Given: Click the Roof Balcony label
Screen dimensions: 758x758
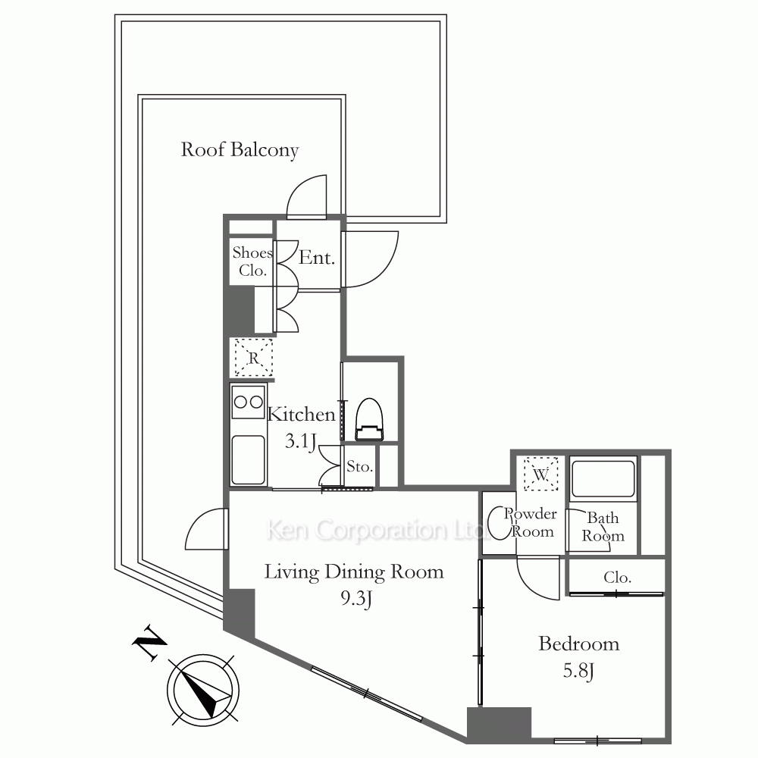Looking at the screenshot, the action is pyautogui.click(x=240, y=150).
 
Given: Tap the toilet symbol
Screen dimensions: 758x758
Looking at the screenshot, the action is pyautogui.click(x=369, y=419).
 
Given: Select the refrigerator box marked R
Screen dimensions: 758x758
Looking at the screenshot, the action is pyautogui.click(x=253, y=358).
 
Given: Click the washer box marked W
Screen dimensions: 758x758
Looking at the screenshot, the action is pyautogui.click(x=541, y=475).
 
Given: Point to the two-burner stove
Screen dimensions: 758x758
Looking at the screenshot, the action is pyautogui.click(x=249, y=402).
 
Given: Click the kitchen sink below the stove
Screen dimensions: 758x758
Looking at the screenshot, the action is pyautogui.click(x=248, y=460).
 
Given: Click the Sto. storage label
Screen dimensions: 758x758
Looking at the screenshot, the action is pyautogui.click(x=359, y=466).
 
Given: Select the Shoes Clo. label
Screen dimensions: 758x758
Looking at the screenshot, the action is pyautogui.click(x=252, y=261).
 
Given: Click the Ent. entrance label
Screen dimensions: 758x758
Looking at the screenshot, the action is pyautogui.click(x=317, y=258).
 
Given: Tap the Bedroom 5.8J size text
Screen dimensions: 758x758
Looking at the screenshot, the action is pyautogui.click(x=578, y=671).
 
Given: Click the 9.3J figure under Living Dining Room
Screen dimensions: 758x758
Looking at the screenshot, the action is pyautogui.click(x=356, y=599).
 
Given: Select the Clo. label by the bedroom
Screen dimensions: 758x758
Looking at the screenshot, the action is pyautogui.click(x=617, y=577).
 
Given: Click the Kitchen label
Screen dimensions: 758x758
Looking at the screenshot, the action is pyautogui.click(x=301, y=415).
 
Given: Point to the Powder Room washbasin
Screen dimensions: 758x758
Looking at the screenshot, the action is pyautogui.click(x=497, y=522).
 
